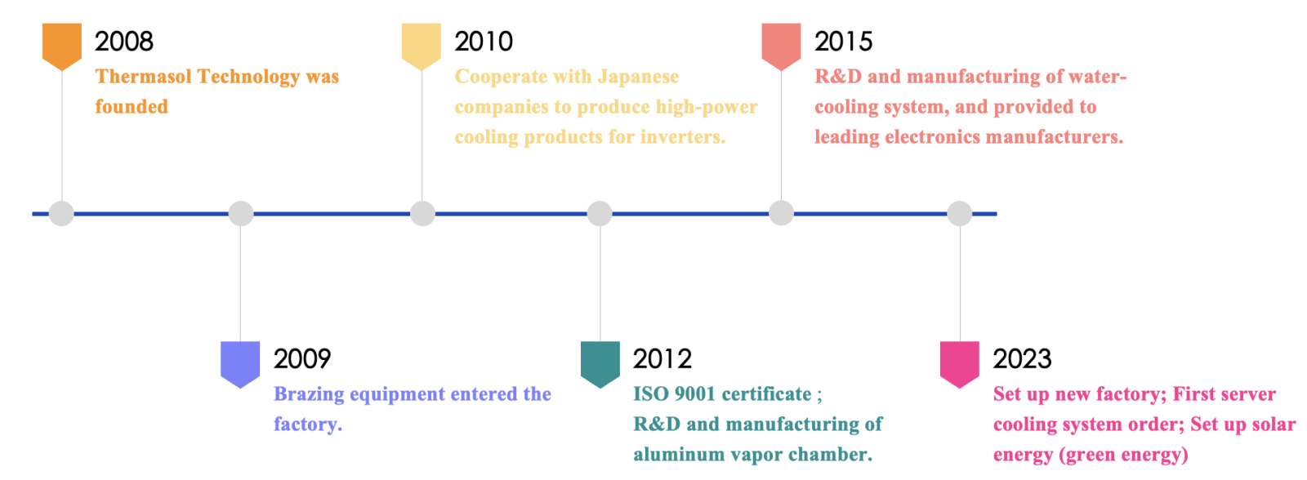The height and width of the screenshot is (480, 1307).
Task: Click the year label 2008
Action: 124,42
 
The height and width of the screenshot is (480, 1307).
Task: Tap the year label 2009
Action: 302,358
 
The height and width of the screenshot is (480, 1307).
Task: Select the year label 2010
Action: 484,42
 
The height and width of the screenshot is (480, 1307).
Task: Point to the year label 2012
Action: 662,358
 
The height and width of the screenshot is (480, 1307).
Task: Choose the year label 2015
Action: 844,42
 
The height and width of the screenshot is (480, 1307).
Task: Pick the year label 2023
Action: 1022,358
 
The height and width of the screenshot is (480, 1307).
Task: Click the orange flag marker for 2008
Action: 62,47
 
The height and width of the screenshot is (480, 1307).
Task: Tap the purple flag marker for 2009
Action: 240,365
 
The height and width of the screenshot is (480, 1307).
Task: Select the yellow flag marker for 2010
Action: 422,47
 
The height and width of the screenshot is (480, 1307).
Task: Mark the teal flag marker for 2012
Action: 600,365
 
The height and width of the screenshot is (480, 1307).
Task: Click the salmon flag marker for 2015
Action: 781,47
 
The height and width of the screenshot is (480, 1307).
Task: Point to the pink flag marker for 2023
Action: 960,365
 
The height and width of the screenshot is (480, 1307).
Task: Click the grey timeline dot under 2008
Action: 61,213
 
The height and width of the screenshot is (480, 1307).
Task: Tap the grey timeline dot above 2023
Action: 960,213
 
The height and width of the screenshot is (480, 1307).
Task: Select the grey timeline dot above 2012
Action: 600,213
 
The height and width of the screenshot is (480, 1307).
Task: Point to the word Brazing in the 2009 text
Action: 310,395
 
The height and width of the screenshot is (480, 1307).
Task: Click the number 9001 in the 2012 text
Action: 694,394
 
